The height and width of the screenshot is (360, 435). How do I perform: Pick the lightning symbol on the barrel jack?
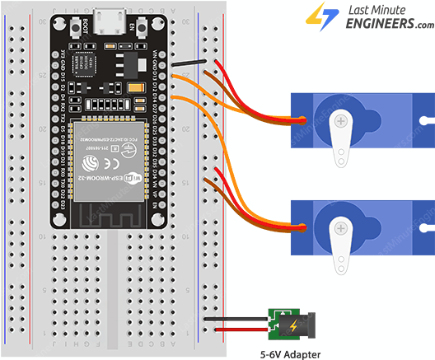click(x=292, y=325)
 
